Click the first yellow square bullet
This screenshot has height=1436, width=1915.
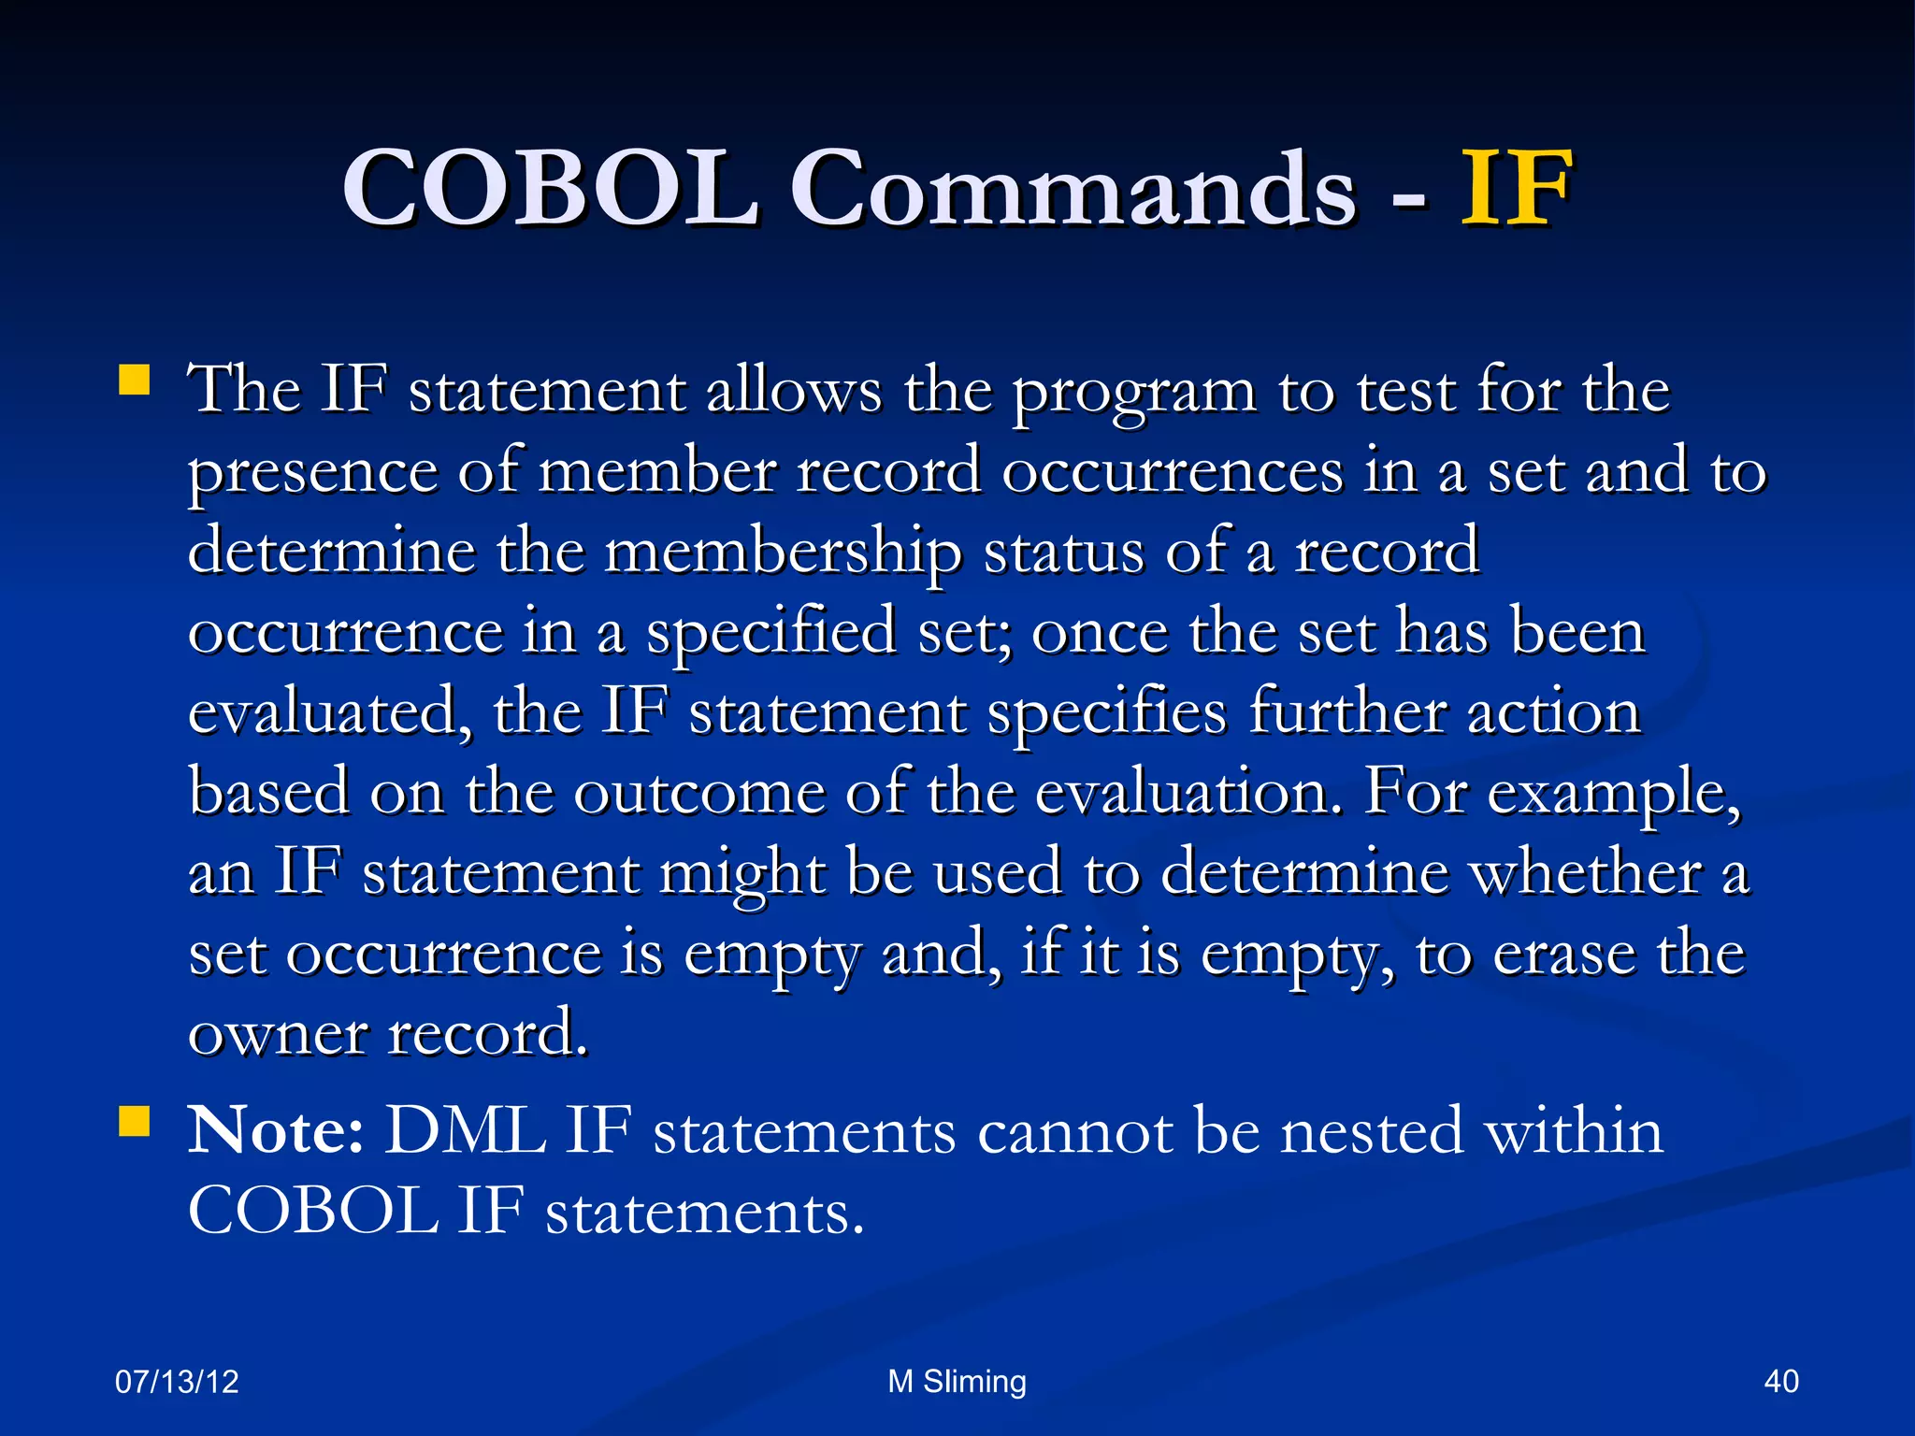[135, 381]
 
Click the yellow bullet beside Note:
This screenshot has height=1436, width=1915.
[135, 1121]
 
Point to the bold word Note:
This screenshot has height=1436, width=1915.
[276, 1130]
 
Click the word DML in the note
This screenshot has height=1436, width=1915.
[465, 1130]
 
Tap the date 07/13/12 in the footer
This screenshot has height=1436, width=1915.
[177, 1382]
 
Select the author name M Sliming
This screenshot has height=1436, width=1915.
[957, 1382]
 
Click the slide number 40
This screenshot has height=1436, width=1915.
[1780, 1382]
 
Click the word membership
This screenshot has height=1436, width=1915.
[783, 552]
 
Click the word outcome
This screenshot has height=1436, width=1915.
[698, 793]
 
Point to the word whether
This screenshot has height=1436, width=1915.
[1584, 872]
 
